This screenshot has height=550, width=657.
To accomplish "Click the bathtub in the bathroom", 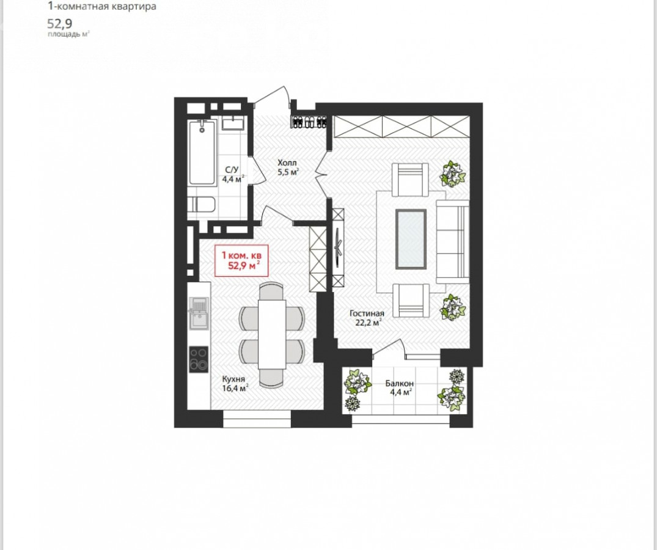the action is coord(203,153).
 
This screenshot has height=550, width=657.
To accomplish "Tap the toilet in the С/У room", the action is coord(201,205).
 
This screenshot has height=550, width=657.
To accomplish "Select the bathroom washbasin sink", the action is coord(233,123).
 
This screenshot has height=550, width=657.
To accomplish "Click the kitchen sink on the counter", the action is coord(199,313).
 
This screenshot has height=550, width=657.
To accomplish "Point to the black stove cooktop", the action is coord(199,359).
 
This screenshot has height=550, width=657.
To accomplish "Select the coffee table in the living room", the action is coord(411,239).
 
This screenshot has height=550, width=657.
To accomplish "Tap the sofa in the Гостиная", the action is coord(452,241).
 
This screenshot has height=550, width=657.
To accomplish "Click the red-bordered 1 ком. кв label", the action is coord(241,260).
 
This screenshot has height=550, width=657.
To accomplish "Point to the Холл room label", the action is coord(287,163).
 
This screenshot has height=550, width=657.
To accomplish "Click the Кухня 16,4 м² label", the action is coord(235,383).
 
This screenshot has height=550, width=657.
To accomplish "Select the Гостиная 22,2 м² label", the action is coord(367,318).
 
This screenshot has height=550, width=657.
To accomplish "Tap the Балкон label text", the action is coord(399,383).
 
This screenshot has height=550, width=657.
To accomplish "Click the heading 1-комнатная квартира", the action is coord(102,6).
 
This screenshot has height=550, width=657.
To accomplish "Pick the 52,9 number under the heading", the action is coord(59,23).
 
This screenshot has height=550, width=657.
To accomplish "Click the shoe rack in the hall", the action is coord(310,120).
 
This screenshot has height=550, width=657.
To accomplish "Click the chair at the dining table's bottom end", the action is coord(271,378).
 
